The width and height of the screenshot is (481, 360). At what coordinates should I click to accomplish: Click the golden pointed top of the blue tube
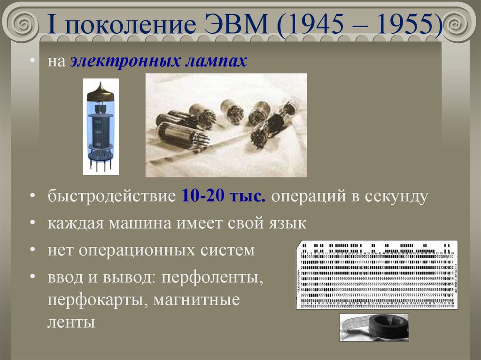[100, 91]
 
